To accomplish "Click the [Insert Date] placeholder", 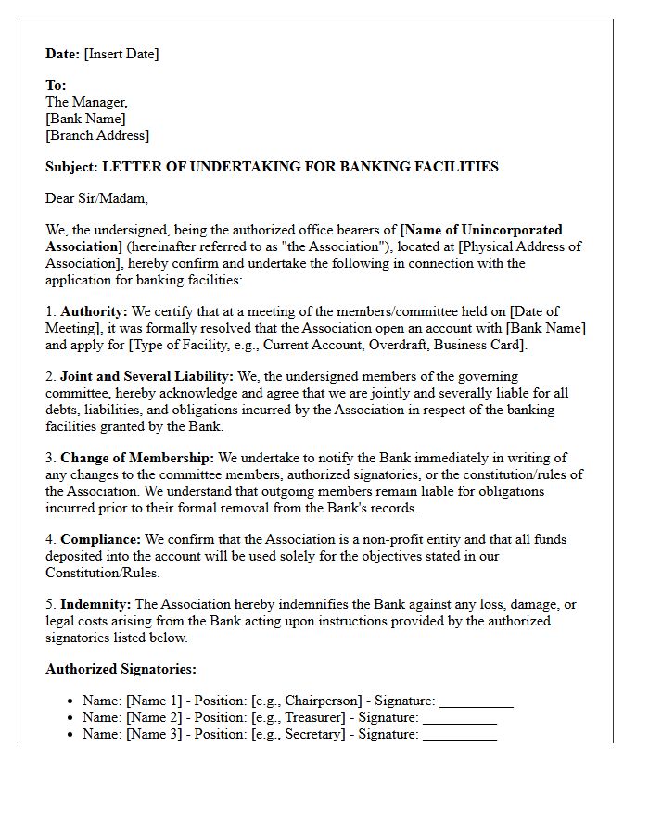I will (x=121, y=54).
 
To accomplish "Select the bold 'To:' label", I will (x=56, y=85).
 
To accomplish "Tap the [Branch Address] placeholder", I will (x=97, y=135).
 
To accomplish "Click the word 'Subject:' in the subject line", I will (x=71, y=167).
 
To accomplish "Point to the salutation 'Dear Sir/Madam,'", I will (x=96, y=198).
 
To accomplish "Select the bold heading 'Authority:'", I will (x=91, y=311).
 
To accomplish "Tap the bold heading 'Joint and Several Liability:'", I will (x=146, y=376).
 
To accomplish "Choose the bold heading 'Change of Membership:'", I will (x=137, y=458).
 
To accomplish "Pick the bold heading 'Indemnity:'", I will (x=95, y=604).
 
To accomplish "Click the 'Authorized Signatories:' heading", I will (x=121, y=669).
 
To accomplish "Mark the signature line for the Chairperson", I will (x=476, y=701).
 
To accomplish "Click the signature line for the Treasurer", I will (x=460, y=718).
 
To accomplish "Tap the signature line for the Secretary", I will (x=460, y=735).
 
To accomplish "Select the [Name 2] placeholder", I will (x=158, y=718).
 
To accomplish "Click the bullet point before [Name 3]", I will (x=70, y=735).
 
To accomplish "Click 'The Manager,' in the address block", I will (x=86, y=102).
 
